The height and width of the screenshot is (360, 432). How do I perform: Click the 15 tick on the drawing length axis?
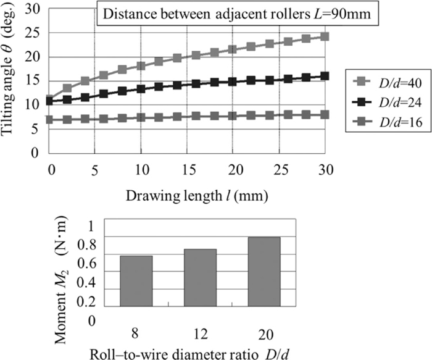pyautogui.click(x=188, y=168)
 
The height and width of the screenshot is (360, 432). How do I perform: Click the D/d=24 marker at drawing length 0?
pyautogui.click(x=49, y=101)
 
